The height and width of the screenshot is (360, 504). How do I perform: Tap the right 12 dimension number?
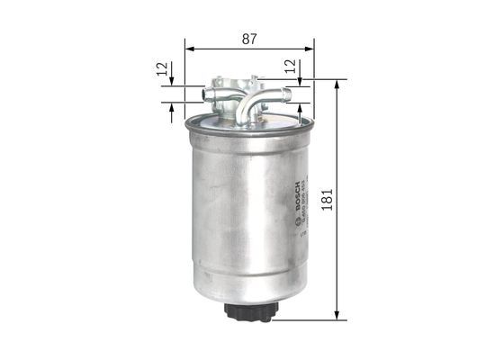pos(289,67)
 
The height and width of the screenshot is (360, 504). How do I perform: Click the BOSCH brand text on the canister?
pos(294,195)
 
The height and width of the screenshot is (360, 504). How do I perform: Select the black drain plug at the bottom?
pos(248,311)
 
